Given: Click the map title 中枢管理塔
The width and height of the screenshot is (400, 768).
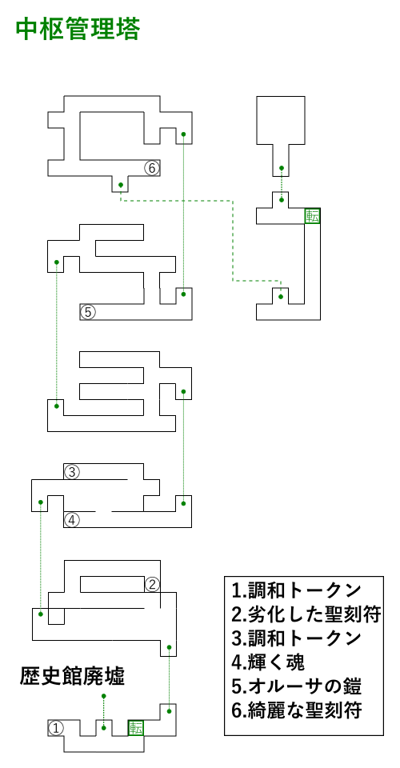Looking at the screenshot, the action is point(78,30).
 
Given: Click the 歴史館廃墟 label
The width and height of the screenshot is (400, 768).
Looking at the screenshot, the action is point(72,677).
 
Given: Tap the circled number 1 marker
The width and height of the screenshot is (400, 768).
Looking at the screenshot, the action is point(56,728).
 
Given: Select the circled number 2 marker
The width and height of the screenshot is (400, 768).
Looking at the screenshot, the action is point(152,584).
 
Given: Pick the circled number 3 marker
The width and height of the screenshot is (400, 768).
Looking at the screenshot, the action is point(71,472).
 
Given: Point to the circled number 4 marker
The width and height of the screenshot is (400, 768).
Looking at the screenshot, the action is point(71,520).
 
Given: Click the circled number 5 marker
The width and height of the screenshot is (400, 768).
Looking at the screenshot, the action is point(88,312).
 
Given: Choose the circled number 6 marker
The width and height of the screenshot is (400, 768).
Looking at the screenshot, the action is point(152,169).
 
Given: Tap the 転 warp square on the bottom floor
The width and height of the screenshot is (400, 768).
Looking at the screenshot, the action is point(136,728).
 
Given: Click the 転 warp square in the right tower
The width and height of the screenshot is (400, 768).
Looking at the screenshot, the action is point(312,216).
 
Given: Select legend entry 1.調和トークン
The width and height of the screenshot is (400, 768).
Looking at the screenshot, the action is point(296,590).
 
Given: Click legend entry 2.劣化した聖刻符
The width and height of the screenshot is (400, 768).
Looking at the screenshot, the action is point(306,614).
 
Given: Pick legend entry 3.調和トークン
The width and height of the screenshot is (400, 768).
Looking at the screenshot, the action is point(296,638).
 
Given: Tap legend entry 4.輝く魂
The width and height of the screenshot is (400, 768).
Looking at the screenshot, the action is point(268,662).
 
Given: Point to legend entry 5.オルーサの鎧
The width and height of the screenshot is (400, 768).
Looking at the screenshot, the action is point(296,686).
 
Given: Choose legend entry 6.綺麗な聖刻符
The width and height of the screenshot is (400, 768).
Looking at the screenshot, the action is point(296,710).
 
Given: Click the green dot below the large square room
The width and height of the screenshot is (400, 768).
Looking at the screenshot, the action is point(282,169).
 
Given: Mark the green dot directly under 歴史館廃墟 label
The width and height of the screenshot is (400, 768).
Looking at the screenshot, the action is point(103,695).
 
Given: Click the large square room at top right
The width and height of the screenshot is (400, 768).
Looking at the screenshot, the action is point(281,120).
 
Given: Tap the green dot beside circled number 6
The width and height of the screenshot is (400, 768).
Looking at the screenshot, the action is point(121,185).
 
